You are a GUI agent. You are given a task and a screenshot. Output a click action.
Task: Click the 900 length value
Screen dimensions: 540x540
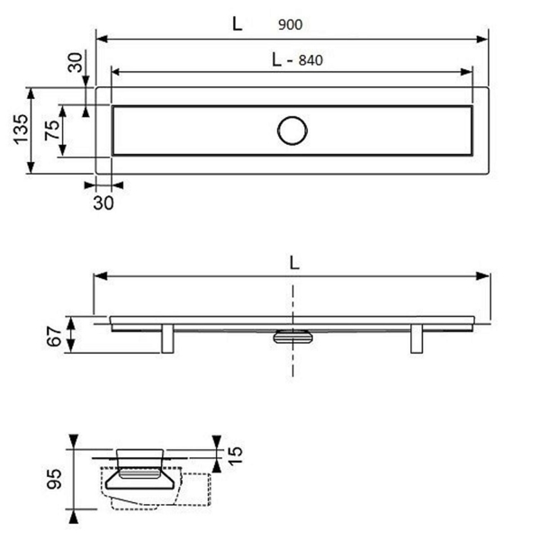click(x=291, y=25)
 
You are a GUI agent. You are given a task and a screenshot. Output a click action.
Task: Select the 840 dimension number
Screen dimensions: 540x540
click(x=310, y=60)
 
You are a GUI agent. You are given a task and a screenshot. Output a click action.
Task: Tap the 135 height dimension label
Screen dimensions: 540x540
click(x=21, y=129)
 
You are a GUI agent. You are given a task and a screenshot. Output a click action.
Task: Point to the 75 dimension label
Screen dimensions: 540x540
click(x=52, y=130)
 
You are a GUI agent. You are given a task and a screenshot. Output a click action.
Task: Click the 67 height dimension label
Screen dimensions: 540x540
click(x=54, y=337)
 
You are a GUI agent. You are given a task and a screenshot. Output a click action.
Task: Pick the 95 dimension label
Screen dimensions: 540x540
click(x=54, y=479)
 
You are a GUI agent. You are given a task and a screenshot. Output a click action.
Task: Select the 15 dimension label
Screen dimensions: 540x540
click(x=236, y=455)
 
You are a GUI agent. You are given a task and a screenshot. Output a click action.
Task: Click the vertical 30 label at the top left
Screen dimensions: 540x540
click(x=76, y=62)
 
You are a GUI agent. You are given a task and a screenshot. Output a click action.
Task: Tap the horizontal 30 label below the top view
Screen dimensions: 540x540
click(x=103, y=203)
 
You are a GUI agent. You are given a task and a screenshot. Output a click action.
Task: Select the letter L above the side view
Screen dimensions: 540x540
click(x=294, y=263)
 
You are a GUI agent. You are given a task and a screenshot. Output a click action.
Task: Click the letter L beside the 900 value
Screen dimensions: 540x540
click(x=237, y=23)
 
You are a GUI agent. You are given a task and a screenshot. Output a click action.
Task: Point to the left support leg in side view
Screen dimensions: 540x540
click(x=167, y=338)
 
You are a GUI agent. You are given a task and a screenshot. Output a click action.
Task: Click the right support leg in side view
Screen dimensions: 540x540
click(x=417, y=338)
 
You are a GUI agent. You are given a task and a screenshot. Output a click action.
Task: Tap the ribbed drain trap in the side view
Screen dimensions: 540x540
click(x=292, y=337)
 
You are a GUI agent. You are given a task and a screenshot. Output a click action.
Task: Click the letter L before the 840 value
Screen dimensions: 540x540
click(x=276, y=59)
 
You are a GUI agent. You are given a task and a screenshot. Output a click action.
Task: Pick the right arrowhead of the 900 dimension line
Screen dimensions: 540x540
click(x=481, y=39)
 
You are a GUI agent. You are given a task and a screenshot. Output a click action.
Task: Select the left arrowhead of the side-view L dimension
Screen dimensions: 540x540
click(x=100, y=276)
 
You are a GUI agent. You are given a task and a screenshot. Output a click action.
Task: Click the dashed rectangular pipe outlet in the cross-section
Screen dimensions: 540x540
click(x=195, y=490)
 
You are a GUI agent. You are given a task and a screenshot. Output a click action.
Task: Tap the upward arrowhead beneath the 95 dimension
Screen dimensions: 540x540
click(x=74, y=517)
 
